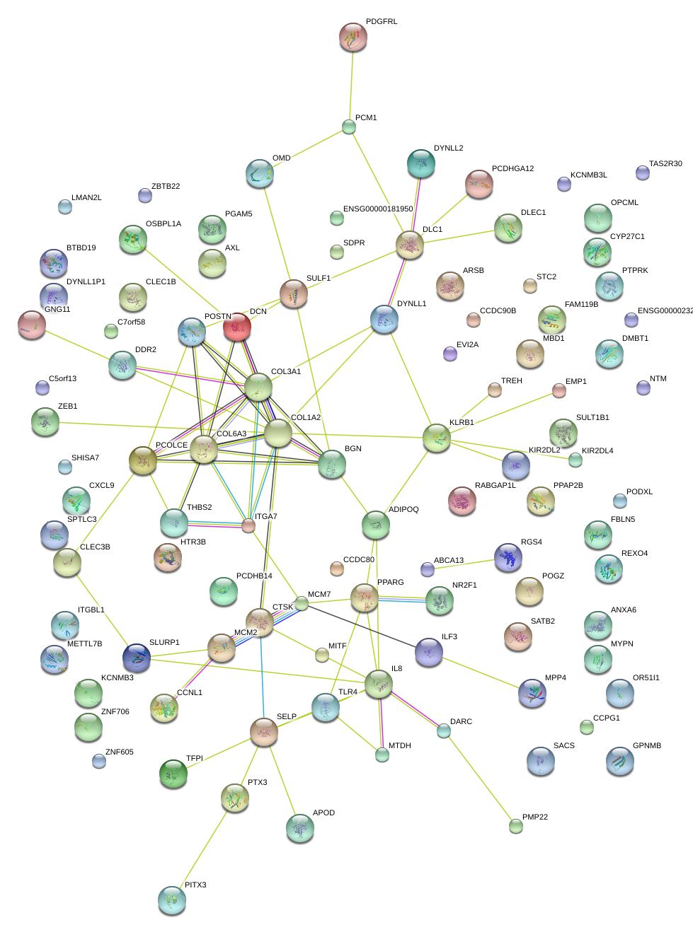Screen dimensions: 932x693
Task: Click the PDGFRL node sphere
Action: pyautogui.click(x=353, y=37)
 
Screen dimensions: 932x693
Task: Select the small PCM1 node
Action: pyautogui.click(x=349, y=127)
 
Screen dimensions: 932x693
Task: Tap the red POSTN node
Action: pyautogui.click(x=236, y=327)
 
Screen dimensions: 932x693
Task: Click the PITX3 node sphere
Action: pyautogui.click(x=172, y=900)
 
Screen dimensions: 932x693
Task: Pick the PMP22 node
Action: pyautogui.click(x=516, y=825)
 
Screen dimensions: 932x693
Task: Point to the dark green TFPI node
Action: pyautogui.click(x=173, y=774)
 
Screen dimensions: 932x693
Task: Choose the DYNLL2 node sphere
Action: pyautogui.click(x=421, y=163)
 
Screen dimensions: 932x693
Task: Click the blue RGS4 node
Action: pyautogui.click(x=508, y=557)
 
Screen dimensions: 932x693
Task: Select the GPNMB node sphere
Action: pyautogui.click(x=620, y=761)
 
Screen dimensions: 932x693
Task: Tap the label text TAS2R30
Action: pyautogui.click(x=665, y=163)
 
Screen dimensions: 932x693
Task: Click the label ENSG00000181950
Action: pyautogui.click(x=377, y=209)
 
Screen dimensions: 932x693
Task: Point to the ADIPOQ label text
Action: pyautogui.click(x=403, y=509)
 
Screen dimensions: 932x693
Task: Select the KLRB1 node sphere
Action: pyautogui.click(x=437, y=438)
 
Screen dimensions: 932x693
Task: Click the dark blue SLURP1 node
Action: pyautogui.click(x=137, y=657)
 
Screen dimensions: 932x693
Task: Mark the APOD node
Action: pyautogui.click(x=299, y=828)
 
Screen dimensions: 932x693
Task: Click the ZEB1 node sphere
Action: pyautogui.click(x=45, y=422)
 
